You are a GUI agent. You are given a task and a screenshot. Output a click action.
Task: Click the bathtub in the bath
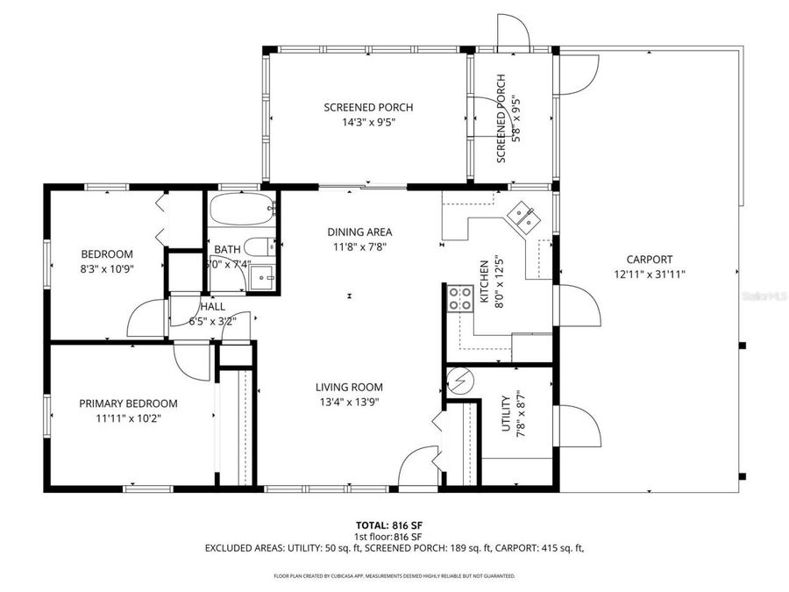pos(242,210)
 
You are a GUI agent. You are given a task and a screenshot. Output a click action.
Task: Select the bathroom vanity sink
pos(262,276)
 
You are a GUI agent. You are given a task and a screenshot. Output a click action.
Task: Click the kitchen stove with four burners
pos(459,299)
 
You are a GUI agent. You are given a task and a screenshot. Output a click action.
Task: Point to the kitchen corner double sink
pos(524,216)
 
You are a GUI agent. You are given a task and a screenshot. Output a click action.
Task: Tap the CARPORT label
pos(650,259)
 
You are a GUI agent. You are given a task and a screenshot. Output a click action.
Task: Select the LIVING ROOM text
pos(349,387)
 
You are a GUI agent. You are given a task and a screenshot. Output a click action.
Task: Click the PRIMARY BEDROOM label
pos(128,403)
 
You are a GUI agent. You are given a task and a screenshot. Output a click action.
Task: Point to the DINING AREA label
pos(359,232)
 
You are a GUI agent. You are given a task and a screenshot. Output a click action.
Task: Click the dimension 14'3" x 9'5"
pos(368,123)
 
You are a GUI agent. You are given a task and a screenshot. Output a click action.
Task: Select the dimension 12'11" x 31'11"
pos(650,274)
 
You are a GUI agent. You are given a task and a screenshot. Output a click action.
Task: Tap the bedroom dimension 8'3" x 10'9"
pos(107,269)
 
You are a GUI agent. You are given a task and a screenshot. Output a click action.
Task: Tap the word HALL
pos(212,307)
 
